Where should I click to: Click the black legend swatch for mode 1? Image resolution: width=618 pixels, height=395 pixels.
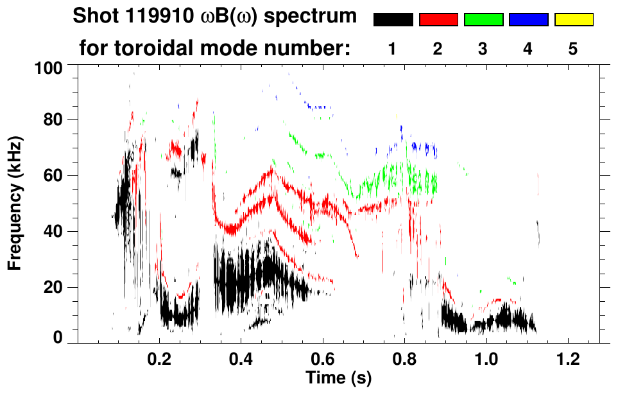393,20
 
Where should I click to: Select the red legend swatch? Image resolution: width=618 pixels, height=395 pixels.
438,20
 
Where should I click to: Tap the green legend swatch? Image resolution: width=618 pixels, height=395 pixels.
483,20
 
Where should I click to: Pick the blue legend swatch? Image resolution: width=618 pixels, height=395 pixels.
528,20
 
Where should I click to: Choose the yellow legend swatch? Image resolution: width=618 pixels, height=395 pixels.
573,20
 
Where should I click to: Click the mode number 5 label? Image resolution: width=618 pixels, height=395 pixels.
573,49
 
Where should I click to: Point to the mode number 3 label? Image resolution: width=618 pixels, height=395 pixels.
483,49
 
